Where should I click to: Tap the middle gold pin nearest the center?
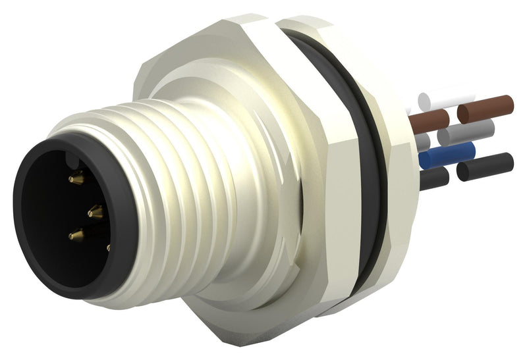96,211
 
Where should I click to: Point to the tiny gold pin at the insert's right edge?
108,248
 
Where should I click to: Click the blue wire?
446,155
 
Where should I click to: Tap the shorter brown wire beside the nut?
428,120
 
